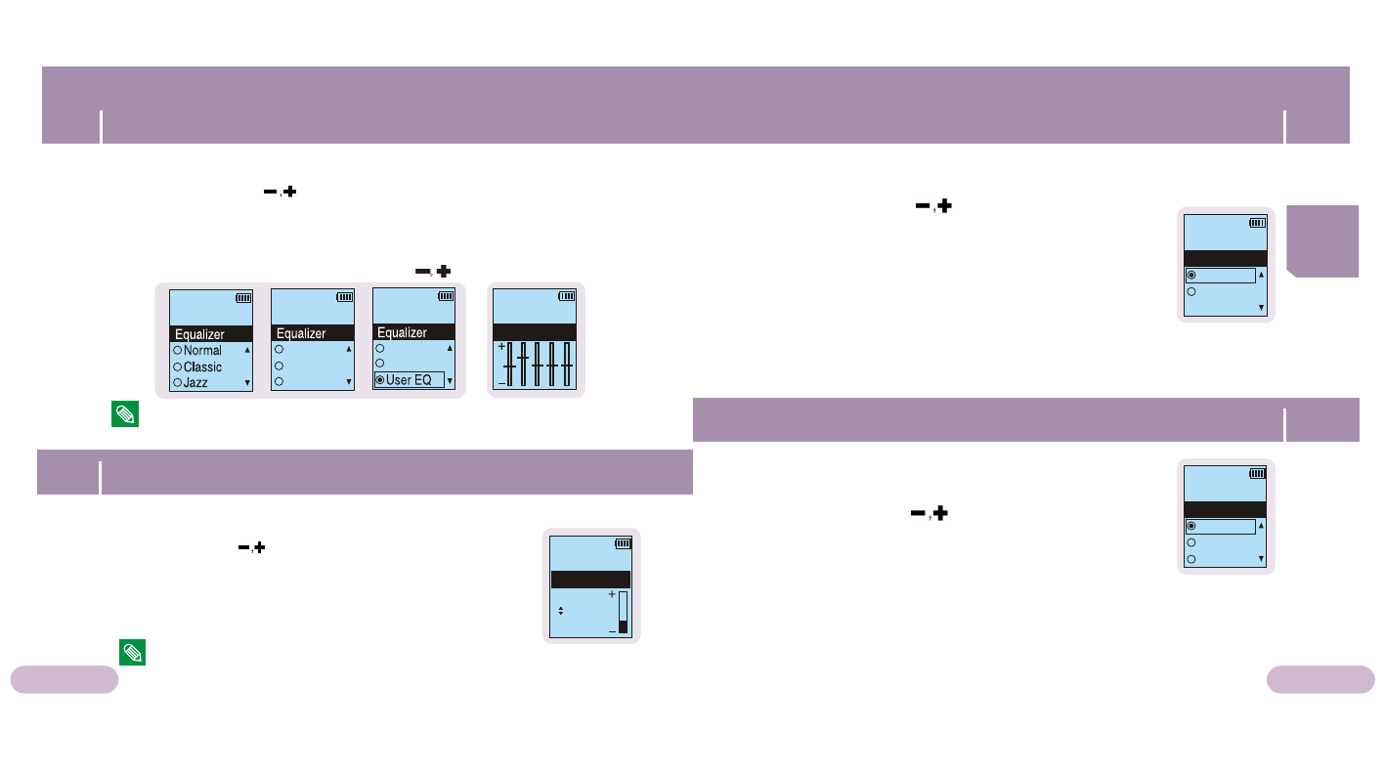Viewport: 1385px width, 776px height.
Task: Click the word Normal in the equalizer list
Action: pyautogui.click(x=202, y=351)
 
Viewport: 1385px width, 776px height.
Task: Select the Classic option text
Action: pyautogui.click(x=202, y=367)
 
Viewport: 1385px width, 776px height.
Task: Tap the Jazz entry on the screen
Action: pyautogui.click(x=195, y=383)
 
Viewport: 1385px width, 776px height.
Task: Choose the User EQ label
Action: pyautogui.click(x=409, y=380)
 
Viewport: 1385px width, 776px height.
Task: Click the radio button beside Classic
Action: pyautogui.click(x=178, y=367)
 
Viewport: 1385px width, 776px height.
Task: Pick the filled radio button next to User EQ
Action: pyautogui.click(x=380, y=380)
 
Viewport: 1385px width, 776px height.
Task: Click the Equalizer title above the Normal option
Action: pyautogui.click(x=199, y=334)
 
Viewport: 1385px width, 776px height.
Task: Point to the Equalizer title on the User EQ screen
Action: pyautogui.click(x=402, y=332)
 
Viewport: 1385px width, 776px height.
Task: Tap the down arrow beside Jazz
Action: pyautogui.click(x=247, y=383)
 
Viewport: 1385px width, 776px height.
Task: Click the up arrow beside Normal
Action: pyautogui.click(x=247, y=350)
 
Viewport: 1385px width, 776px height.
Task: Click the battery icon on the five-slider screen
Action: pyautogui.click(x=567, y=296)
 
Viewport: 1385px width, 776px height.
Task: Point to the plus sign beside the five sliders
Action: pyautogui.click(x=501, y=347)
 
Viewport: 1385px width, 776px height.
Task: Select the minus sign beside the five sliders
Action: pyautogui.click(x=501, y=384)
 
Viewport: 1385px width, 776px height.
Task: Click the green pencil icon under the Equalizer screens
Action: pyautogui.click(x=125, y=414)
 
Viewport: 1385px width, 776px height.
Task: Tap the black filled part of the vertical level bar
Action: pyautogui.click(x=623, y=626)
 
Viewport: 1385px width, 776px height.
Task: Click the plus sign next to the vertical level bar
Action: pyautogui.click(x=612, y=594)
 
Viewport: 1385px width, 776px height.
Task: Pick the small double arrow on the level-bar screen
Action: pyautogui.click(x=560, y=611)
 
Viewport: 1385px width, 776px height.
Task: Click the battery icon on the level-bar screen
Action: pyautogui.click(x=623, y=543)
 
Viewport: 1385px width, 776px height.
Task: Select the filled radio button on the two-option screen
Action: pyautogui.click(x=1190, y=276)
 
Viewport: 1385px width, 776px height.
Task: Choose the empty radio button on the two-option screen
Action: pyautogui.click(x=1190, y=291)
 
